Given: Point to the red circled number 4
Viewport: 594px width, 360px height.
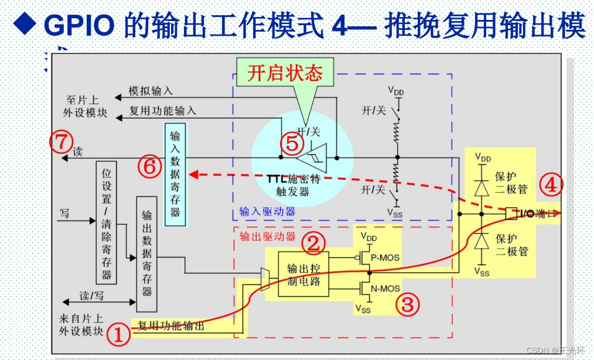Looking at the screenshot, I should click(551, 185).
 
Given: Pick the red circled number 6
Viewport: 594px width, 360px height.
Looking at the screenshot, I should click(149, 166).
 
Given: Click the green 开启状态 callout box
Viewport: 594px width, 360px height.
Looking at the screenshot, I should click(285, 73).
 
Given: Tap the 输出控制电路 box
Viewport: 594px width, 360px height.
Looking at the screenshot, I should click(303, 275).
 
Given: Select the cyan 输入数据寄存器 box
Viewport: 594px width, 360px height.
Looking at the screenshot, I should click(175, 174).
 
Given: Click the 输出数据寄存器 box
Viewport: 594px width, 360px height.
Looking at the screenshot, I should click(146, 254).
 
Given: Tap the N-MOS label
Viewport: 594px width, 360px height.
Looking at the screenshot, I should click(385, 288).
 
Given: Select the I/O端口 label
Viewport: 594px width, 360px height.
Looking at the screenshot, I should click(534, 214).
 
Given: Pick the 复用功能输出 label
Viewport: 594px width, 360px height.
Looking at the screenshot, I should click(171, 325).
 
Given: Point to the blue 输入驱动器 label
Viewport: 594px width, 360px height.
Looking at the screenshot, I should click(267, 211).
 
